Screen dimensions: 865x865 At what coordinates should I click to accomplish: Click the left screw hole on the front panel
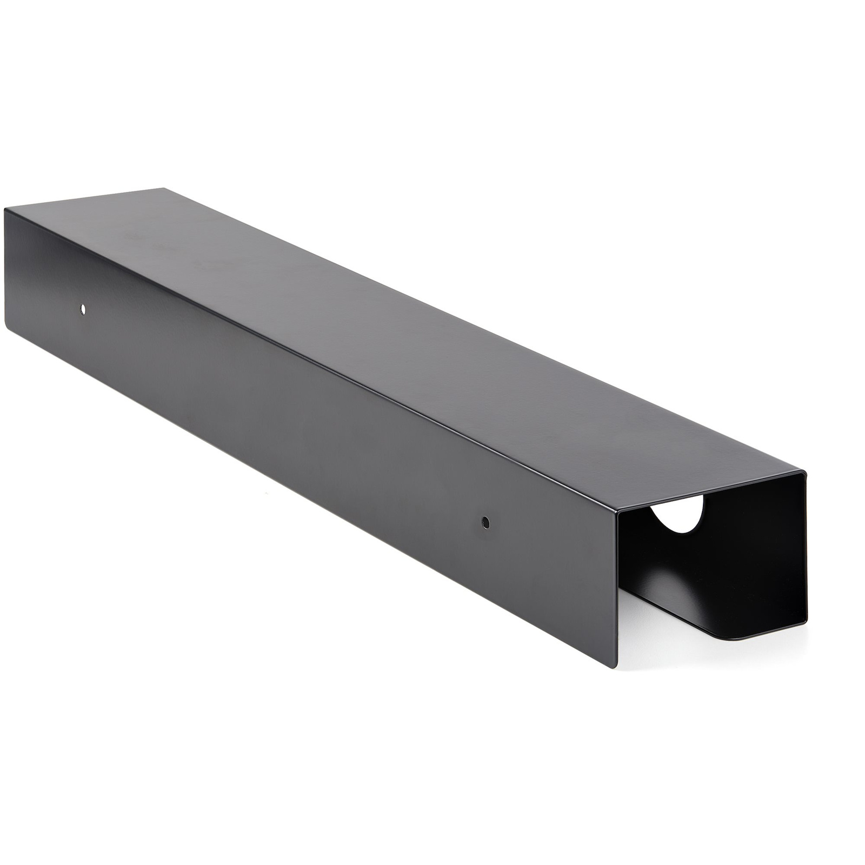point(83,309)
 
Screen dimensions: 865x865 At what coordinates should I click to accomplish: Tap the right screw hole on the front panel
point(485,522)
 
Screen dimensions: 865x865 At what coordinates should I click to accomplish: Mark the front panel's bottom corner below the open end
point(615,667)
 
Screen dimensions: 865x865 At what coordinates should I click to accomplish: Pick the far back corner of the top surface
point(163,189)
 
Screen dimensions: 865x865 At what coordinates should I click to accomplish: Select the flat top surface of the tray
point(378,324)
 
